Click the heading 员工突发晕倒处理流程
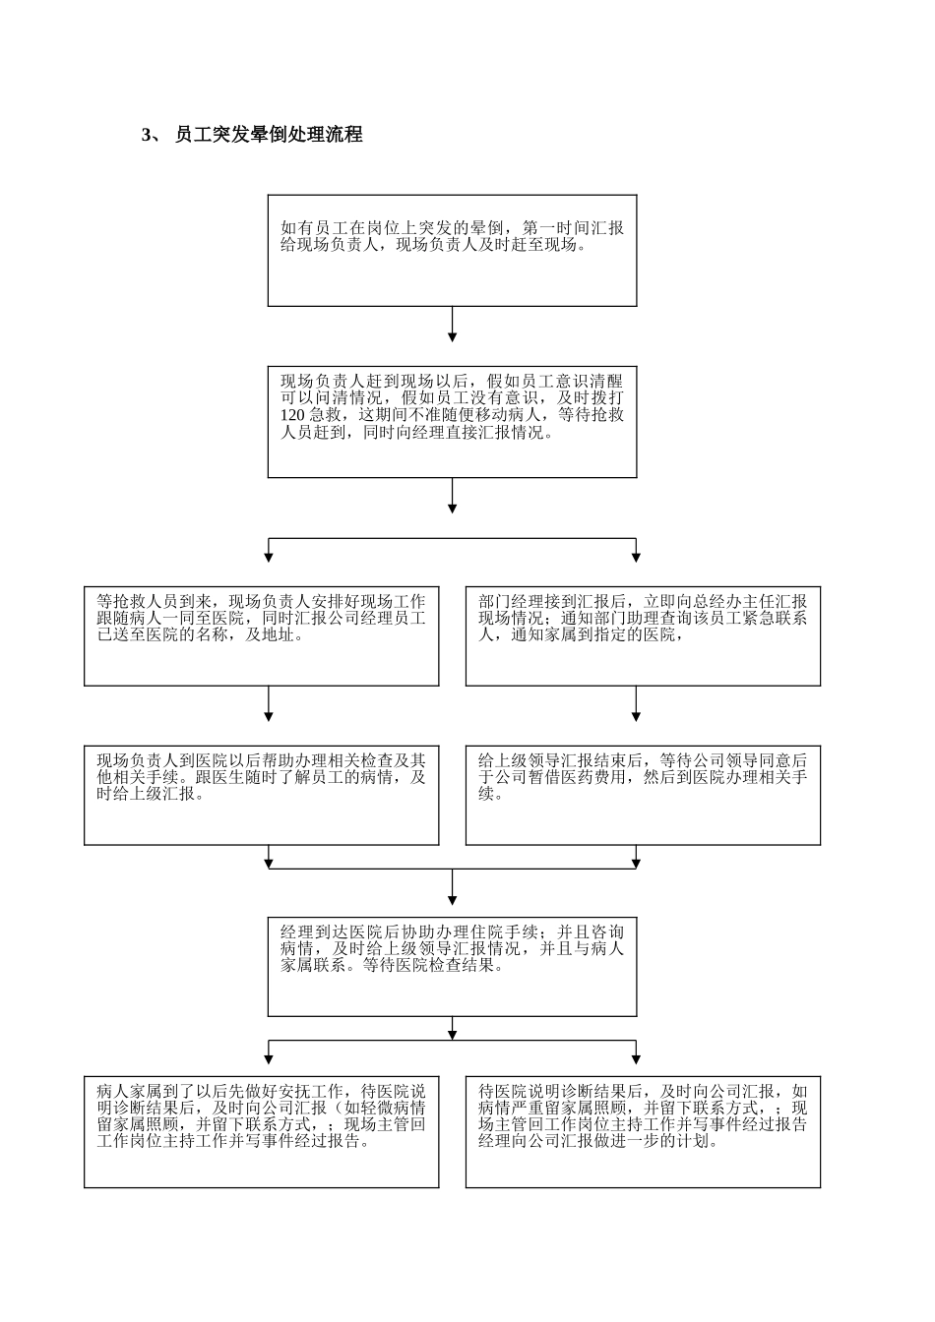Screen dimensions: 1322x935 coord(269,135)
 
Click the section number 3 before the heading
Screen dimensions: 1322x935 coord(147,136)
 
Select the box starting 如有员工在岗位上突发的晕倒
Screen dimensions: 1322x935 coord(452,250)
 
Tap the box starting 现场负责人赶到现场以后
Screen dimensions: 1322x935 coord(452,422)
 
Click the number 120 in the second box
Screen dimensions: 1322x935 coord(292,415)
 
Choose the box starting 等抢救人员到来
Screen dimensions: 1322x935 coord(261,635)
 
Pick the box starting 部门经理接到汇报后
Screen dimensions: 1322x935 coord(643,635)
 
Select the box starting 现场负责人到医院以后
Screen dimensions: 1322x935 coord(261,795)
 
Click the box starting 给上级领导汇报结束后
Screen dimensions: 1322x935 coord(643,795)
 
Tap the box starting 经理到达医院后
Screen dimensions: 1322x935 coord(452,967)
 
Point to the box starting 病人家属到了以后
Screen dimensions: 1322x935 coord(261,1132)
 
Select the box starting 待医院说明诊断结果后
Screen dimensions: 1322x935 coord(643,1132)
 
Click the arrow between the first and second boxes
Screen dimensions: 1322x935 coord(452,324)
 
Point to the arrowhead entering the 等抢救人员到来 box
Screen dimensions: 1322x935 coord(269,557)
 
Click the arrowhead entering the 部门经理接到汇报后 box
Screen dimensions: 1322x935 coord(636,557)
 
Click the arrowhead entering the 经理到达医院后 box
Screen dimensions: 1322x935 coord(452,899)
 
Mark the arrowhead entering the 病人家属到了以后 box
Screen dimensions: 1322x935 coord(269,1058)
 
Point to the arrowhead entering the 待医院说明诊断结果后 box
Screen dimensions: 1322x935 coord(636,1058)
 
